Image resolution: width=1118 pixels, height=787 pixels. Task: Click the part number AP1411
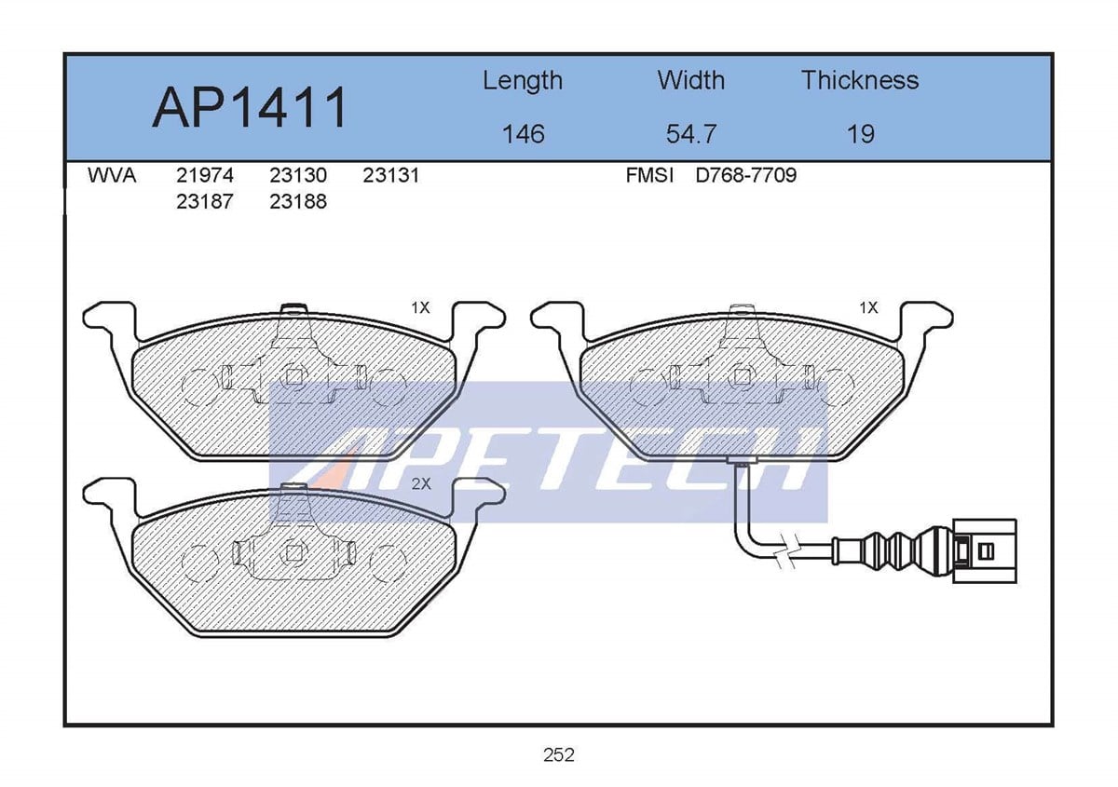250,107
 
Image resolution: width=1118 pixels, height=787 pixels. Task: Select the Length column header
523,81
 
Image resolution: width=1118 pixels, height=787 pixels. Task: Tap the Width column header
690,80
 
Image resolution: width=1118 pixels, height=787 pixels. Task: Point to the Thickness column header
860,80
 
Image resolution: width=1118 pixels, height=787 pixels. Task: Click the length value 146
523,134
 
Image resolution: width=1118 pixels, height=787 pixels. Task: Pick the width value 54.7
691,134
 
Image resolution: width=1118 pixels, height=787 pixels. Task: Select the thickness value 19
861,134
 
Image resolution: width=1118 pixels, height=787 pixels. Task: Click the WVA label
112,176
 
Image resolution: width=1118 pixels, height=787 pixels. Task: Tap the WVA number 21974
205,176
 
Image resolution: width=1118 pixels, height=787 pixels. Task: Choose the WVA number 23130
298,176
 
